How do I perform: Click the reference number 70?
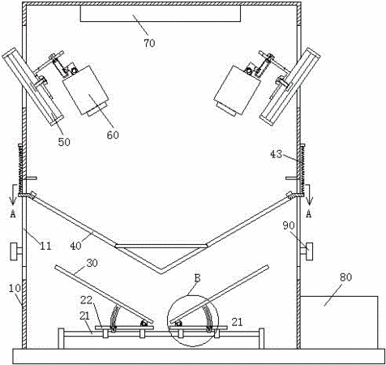pyautogui.click(x=149, y=43)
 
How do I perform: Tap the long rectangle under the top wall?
pyautogui.click(x=160, y=14)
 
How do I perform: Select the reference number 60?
pyautogui.click(x=113, y=135)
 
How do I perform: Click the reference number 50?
pyautogui.click(x=64, y=142)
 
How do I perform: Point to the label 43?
pyautogui.click(x=276, y=154)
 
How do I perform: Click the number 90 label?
pyautogui.click(x=289, y=225)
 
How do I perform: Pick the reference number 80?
pyautogui.click(x=346, y=277)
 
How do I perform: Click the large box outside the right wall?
pyautogui.click(x=339, y=322)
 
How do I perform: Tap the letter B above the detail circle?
pyautogui.click(x=198, y=278)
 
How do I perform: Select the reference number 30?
pyautogui.click(x=92, y=263)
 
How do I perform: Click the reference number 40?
pyautogui.click(x=75, y=246)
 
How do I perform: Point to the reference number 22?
pyautogui.click(x=87, y=300)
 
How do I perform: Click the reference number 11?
pyautogui.click(x=45, y=246)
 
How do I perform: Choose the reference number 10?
pyautogui.click(x=15, y=288)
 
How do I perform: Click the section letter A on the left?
pyautogui.click(x=12, y=214)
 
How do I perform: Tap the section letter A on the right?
pyautogui.click(x=309, y=214)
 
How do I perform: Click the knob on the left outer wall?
pyautogui.click(x=16, y=251)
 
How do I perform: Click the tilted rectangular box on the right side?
pyautogui.click(x=237, y=90)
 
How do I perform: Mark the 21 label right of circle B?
pyautogui.click(x=237, y=322)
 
